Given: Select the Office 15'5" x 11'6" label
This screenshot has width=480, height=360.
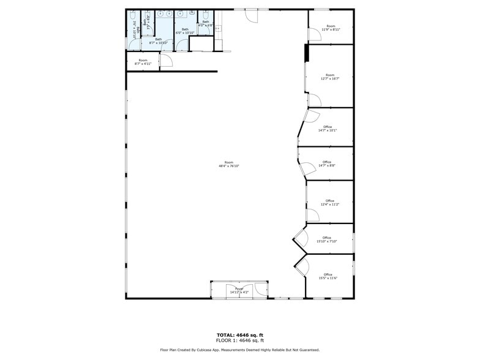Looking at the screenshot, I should (x=328, y=276).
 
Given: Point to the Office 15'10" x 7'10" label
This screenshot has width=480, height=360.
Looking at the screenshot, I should (x=327, y=239).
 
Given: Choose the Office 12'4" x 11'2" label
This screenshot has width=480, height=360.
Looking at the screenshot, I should (x=329, y=203).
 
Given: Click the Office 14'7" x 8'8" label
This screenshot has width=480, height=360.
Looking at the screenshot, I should (x=327, y=163).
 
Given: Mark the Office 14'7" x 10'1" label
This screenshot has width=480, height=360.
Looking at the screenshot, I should (x=327, y=129).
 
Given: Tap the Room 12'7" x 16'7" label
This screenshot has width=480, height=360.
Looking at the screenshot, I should (x=330, y=77).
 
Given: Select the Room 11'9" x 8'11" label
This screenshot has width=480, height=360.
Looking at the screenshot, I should (x=331, y=28).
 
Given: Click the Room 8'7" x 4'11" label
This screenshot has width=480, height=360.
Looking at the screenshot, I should (x=143, y=62).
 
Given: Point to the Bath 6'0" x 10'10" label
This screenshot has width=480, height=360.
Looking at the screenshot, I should (x=185, y=31).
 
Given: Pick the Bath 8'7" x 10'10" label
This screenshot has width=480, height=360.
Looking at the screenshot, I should (x=158, y=41).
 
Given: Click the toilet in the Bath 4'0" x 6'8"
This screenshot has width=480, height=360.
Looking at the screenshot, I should (x=206, y=15).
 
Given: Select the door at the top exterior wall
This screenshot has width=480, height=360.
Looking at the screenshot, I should (x=252, y=15).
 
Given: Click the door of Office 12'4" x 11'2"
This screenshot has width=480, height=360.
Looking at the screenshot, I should (x=313, y=215).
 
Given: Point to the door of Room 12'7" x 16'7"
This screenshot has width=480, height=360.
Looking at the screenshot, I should (x=313, y=100).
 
